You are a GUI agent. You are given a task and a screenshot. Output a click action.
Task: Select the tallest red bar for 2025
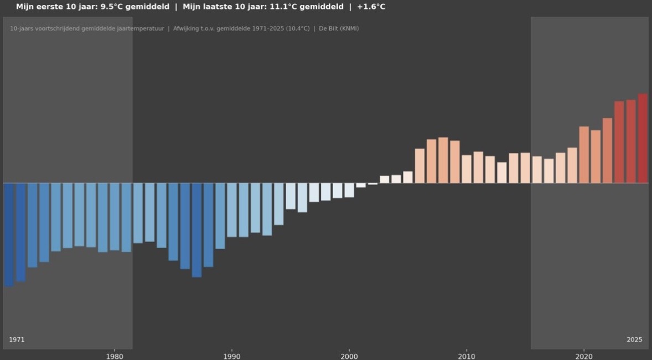tap(643, 138)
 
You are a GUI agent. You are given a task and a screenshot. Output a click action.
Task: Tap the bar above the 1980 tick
tap(115, 217)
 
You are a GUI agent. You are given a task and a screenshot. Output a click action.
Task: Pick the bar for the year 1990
tap(232, 210)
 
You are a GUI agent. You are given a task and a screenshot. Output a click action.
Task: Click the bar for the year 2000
tap(349, 190)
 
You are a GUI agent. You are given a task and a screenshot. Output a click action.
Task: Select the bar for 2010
tap(467, 169)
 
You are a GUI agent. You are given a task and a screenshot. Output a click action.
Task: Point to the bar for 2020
tap(584, 155)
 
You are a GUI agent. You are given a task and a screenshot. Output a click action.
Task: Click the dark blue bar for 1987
tap(196, 230)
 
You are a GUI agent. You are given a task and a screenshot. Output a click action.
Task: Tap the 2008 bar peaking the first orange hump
tap(443, 160)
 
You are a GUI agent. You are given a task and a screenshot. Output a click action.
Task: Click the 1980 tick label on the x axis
tap(115, 356)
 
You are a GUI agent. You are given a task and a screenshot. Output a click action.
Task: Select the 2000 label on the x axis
tap(349, 356)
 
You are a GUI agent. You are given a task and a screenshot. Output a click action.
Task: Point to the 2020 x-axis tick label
tap(584, 356)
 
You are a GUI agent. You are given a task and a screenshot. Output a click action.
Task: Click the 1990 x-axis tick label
tap(232, 356)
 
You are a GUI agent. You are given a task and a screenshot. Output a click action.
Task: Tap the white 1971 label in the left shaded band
tap(17, 340)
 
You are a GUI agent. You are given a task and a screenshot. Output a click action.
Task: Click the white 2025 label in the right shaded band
tap(634, 340)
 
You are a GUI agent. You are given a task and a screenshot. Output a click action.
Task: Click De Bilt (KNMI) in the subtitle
tap(339, 28)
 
